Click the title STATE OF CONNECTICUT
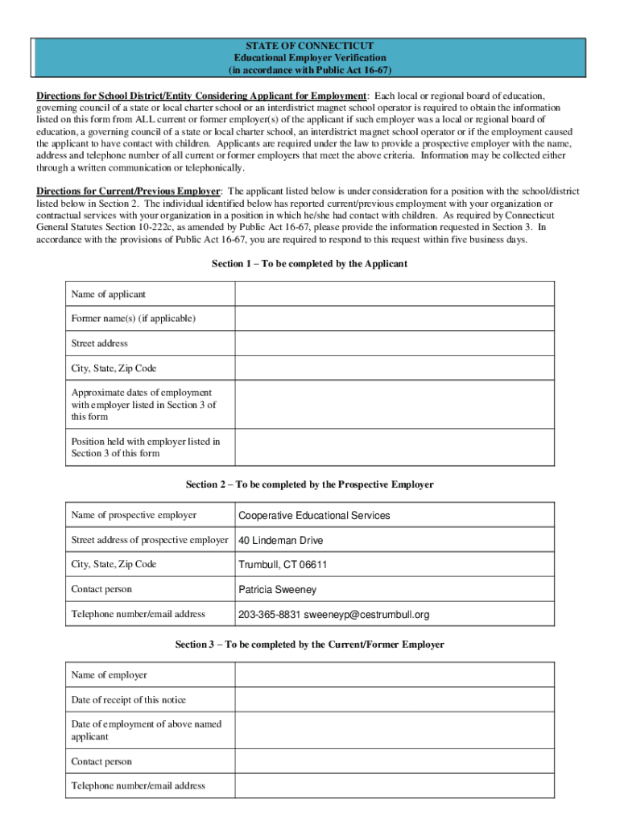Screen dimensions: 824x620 coord(310,46)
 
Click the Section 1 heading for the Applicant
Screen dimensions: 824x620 coord(309,264)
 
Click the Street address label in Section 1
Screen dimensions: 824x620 coord(99,344)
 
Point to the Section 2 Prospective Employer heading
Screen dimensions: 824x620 coord(309,484)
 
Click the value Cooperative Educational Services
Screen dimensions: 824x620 coord(314,515)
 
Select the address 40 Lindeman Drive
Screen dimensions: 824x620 coord(281,541)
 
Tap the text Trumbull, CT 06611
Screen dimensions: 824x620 coord(283,565)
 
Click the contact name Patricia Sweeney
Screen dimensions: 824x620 coord(278,590)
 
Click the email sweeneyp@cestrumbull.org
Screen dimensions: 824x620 coord(366,615)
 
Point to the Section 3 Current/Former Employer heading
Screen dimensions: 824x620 coord(309,645)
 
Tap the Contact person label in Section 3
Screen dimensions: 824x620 coord(101,761)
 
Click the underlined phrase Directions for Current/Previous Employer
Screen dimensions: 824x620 coord(128,192)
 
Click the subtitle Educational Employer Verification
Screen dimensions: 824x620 coord(310,58)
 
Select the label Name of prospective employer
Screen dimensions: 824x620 coord(134,515)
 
